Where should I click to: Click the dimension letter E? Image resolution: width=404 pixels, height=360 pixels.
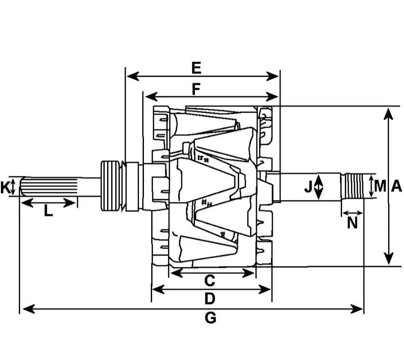click(196, 68)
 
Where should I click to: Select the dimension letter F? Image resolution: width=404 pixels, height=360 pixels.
click(196, 89)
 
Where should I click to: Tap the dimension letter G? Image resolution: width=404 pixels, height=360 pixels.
click(210, 318)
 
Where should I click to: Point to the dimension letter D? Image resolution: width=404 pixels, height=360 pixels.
click(210, 298)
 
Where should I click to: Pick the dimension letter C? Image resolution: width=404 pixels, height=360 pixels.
click(210, 281)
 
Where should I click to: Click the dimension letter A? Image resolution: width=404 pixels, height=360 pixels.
click(397, 186)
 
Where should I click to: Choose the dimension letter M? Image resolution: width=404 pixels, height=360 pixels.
click(380, 186)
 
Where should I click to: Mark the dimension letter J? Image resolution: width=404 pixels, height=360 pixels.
click(308, 186)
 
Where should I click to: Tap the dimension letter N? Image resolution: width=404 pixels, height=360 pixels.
click(352, 223)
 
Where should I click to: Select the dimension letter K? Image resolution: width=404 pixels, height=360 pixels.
click(5, 187)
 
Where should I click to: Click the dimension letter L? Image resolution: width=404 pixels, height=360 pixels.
click(48, 211)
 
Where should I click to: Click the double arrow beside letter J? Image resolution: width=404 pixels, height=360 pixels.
click(319, 187)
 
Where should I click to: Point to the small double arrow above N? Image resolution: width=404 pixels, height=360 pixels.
click(353, 213)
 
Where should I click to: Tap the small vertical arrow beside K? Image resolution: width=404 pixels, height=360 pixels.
click(13, 187)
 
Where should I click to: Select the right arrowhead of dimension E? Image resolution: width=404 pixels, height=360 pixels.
click(272, 76)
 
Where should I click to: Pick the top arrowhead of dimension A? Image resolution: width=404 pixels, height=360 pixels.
click(388, 114)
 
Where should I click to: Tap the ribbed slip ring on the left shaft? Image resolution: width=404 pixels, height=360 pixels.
click(110, 186)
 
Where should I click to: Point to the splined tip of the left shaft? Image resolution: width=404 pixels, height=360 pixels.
click(49, 187)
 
